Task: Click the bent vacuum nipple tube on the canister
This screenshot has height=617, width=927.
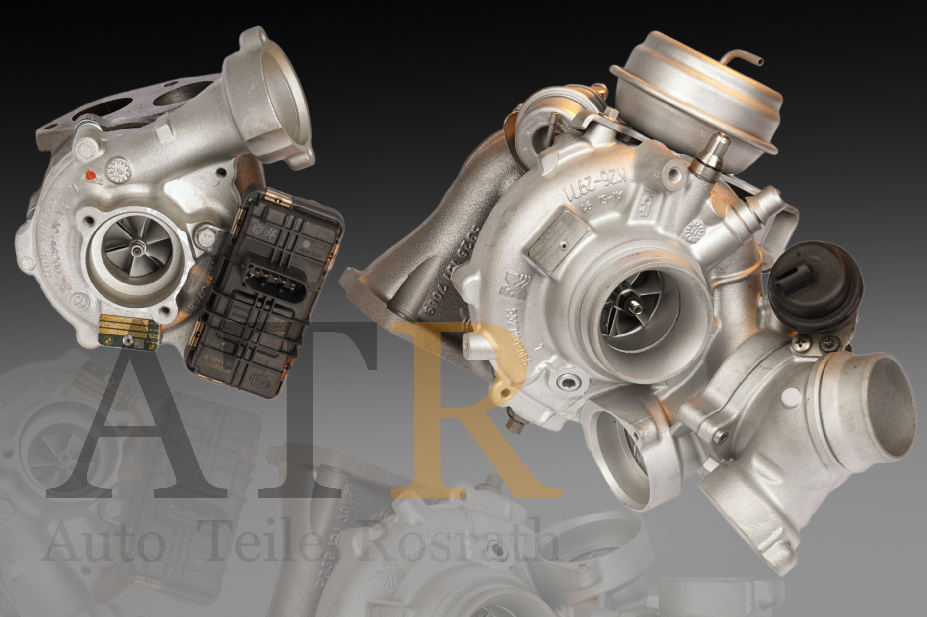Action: tap(746, 57)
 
